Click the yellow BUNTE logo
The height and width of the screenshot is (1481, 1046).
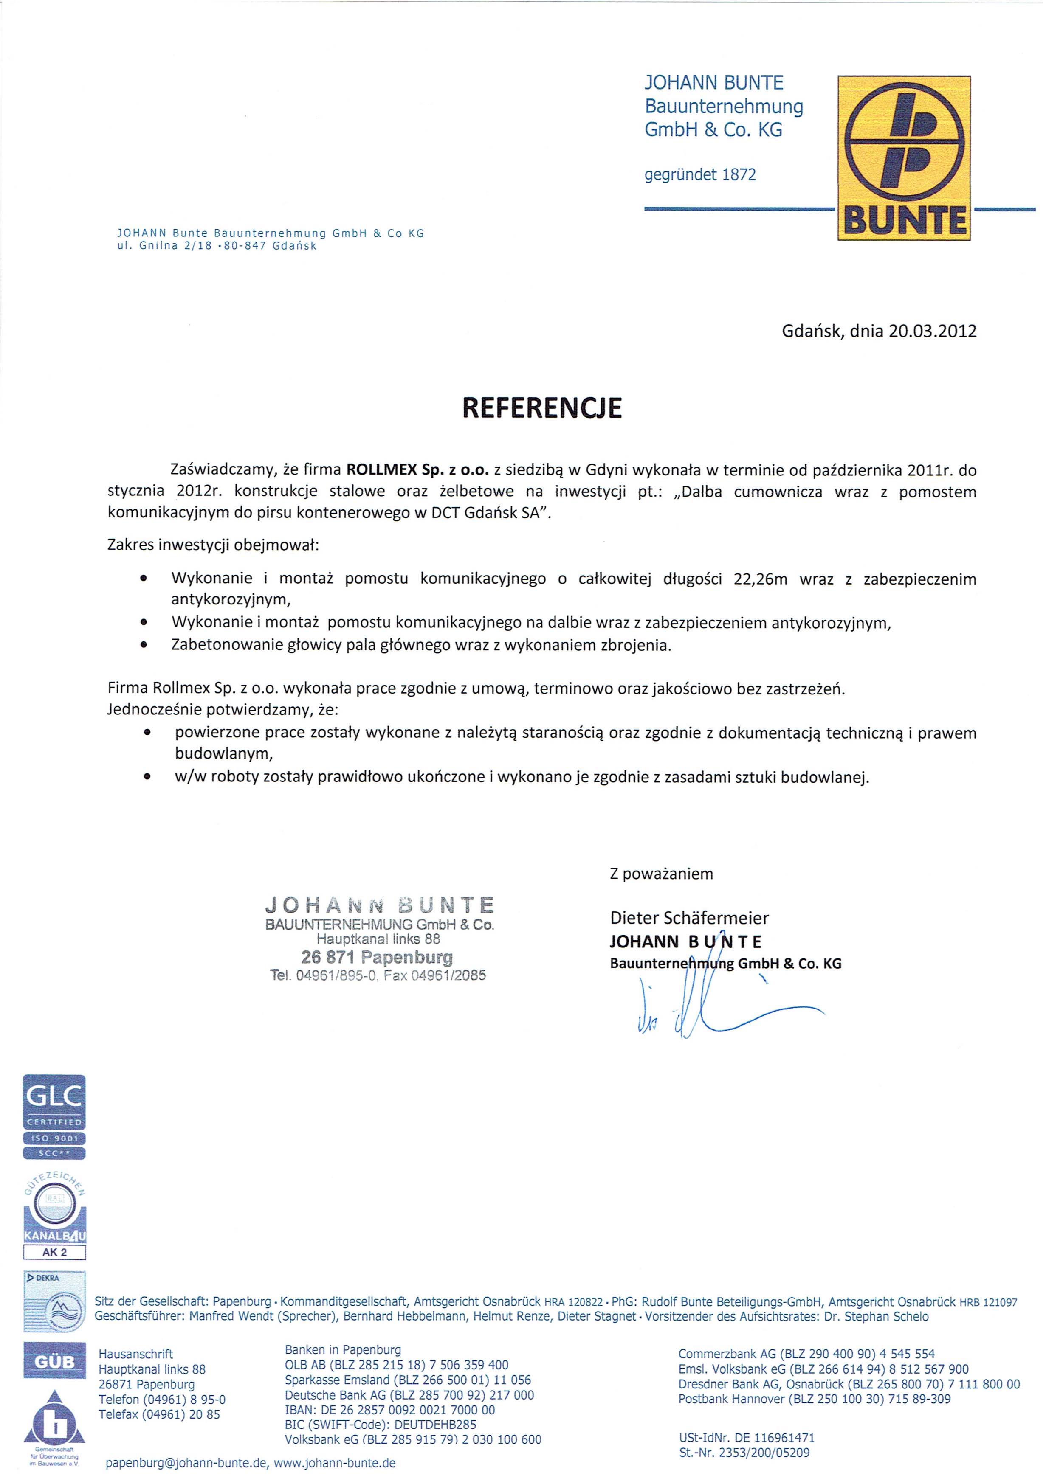pos(903,158)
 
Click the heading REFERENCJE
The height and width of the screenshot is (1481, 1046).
pos(542,407)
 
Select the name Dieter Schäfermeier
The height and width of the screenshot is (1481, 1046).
pos(689,917)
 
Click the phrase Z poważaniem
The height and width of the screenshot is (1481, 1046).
pos(661,874)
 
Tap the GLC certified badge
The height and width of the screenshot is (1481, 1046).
pos(54,1117)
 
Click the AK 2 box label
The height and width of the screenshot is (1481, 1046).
pos(54,1252)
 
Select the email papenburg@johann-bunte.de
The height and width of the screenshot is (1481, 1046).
pos(186,1463)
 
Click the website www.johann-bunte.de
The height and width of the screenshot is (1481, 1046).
pos(335,1463)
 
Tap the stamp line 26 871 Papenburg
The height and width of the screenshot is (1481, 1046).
pos(377,957)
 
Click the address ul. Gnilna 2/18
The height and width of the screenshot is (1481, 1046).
pos(164,246)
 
